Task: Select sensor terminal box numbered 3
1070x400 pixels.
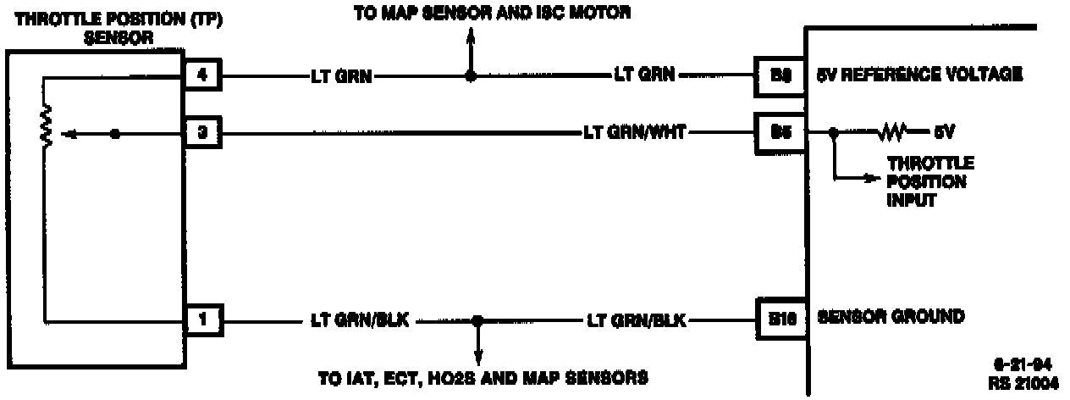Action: click(x=203, y=133)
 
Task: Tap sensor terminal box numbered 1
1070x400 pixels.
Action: click(x=203, y=320)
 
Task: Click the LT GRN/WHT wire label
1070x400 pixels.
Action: click(x=634, y=133)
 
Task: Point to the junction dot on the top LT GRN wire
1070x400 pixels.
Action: click(x=472, y=76)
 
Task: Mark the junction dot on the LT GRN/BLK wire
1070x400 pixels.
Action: click(x=478, y=321)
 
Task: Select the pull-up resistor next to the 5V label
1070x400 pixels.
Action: click(x=894, y=133)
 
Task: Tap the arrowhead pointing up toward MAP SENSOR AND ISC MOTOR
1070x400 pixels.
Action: click(x=472, y=36)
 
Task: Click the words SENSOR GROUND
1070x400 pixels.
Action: click(x=890, y=318)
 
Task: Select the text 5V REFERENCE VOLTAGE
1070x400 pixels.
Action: click(x=918, y=75)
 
